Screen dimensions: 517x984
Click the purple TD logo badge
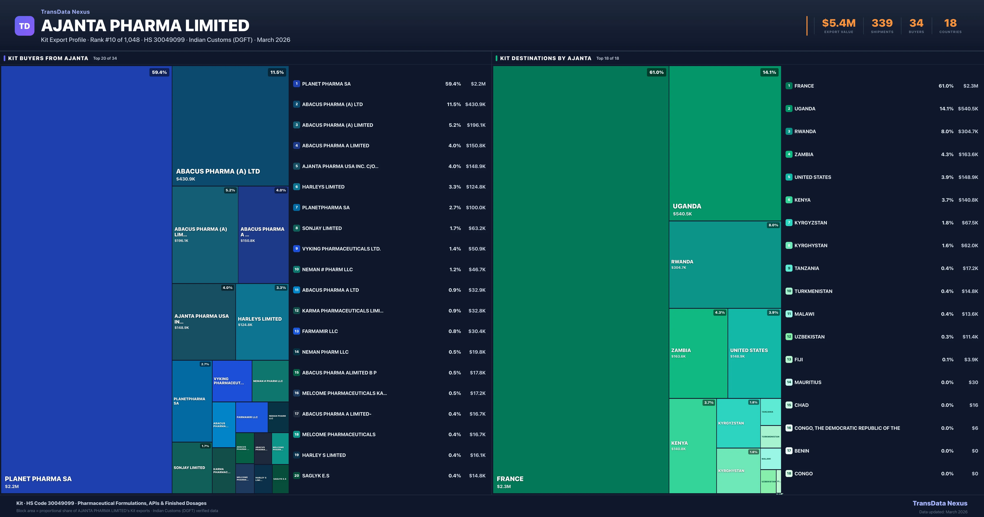coord(24,26)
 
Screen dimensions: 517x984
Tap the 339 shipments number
coord(882,23)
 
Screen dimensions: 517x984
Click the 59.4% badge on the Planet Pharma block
coord(159,72)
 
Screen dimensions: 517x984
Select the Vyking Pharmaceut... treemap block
coord(232,381)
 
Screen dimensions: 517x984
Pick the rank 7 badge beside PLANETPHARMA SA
coord(296,207)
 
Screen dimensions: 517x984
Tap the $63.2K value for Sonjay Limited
coord(477,228)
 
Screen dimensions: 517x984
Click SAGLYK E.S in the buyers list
coord(315,476)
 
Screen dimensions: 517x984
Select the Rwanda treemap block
coord(725,265)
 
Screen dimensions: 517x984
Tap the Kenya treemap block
coord(692,445)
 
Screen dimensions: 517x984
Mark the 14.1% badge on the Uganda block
coord(769,72)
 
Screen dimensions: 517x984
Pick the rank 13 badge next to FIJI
coord(789,359)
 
